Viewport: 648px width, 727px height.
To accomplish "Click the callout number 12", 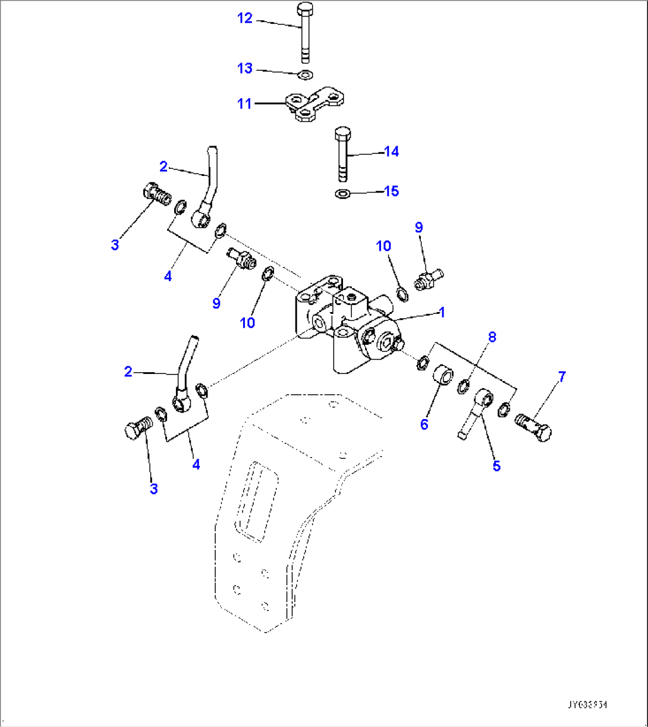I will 245,18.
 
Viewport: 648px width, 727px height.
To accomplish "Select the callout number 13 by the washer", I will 245,68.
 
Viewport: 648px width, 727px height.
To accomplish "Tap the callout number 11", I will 244,104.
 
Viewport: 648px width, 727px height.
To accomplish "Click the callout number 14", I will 391,152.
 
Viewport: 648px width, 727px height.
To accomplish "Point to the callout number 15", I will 391,191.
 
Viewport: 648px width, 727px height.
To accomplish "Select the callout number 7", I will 561,377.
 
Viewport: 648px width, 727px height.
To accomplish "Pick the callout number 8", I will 492,337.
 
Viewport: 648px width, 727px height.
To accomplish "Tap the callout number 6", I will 424,424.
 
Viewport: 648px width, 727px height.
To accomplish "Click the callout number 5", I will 496,466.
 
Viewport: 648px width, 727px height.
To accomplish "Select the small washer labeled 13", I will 306,75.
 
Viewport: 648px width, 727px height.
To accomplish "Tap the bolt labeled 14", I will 342,153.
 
